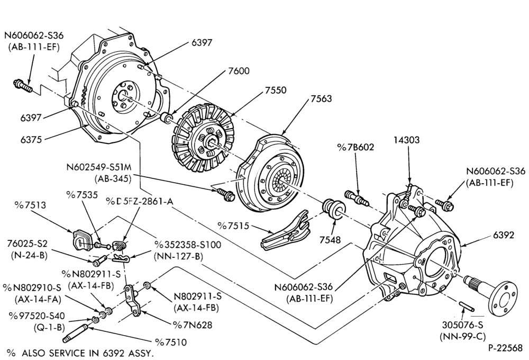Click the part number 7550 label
point(275,91)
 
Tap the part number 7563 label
point(321,98)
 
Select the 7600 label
point(239,71)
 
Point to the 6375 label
point(31,140)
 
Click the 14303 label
point(406,140)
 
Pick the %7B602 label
point(355,147)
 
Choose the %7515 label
point(233,226)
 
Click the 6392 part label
point(504,235)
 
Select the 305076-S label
point(462,325)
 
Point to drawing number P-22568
point(505,348)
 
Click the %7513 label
point(30,205)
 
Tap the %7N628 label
point(193,325)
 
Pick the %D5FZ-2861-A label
point(139,202)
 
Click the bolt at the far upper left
point(23,86)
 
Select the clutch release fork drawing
point(286,230)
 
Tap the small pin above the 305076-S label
point(467,305)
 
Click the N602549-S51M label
point(99,168)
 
